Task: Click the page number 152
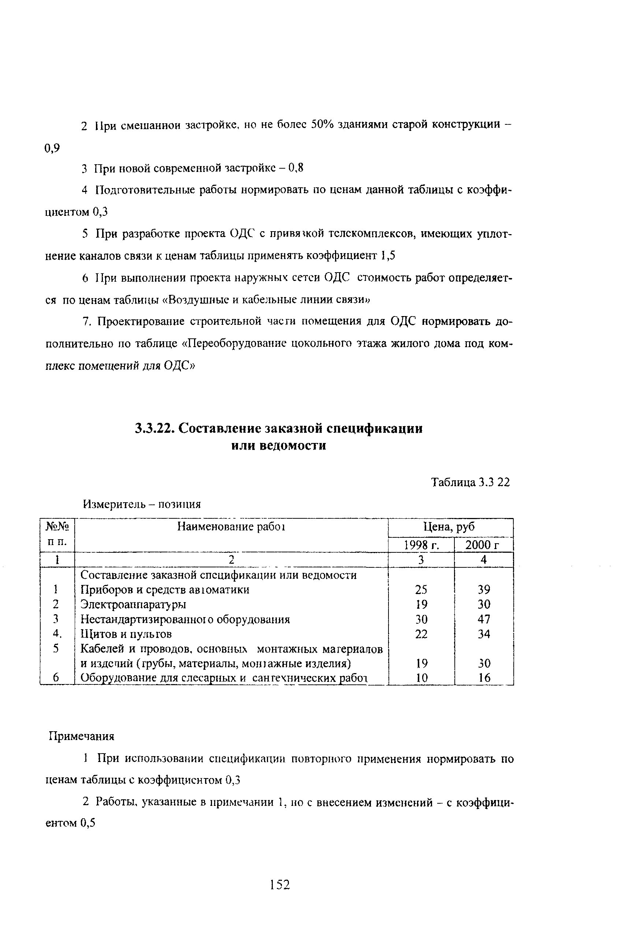pos(280,885)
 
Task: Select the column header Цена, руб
pos(449,527)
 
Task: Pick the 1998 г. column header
pos(421,545)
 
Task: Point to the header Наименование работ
pos(231,527)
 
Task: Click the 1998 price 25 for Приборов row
pos(421,590)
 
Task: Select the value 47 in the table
pos(484,619)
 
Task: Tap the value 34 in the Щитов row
pos(484,634)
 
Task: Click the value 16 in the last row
pos(484,678)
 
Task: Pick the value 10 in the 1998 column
pos(421,678)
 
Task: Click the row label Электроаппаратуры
pos(133,605)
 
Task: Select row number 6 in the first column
pos(56,678)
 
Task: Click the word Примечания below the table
pos(81,736)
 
